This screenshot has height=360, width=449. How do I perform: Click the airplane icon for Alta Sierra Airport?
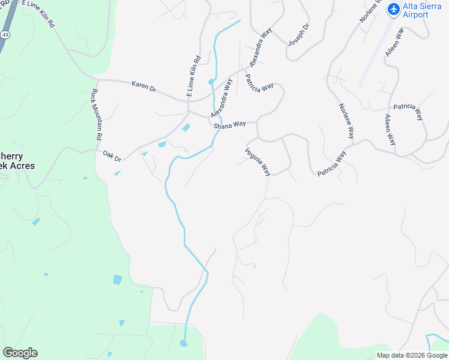394,9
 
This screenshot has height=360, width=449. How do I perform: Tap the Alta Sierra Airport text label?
424,10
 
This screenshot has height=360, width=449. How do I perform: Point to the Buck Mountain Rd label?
95,115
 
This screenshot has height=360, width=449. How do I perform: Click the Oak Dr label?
112,156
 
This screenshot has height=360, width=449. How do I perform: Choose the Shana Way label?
230,124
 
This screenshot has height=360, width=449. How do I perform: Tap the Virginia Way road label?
258,161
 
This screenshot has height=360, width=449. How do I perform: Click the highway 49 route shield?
5,35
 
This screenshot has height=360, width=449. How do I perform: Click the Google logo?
20,353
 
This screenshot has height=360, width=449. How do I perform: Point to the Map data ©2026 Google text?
411,355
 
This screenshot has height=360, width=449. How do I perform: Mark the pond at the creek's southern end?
183,343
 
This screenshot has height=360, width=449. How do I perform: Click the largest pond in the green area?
118,280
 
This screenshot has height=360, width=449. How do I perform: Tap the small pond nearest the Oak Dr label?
117,173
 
